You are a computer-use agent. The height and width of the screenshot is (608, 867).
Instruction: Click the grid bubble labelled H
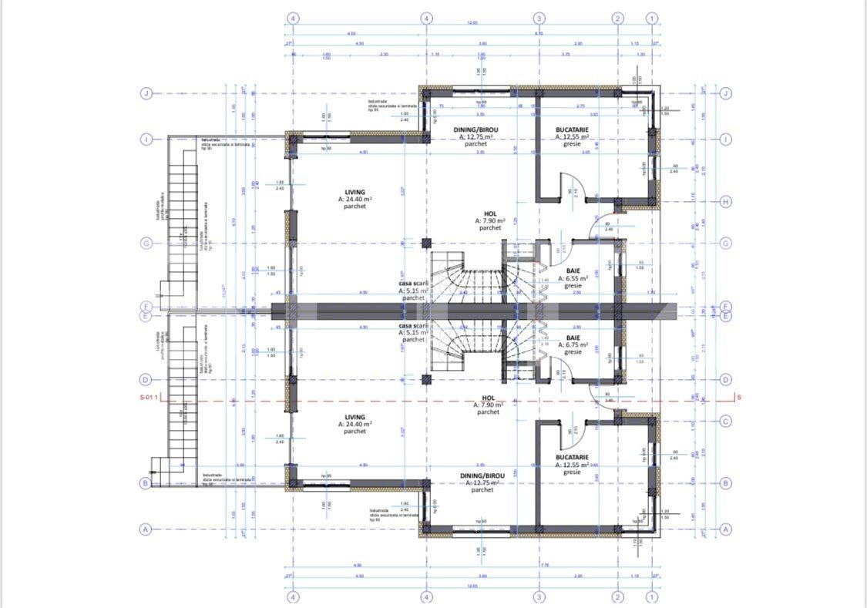point(725,202)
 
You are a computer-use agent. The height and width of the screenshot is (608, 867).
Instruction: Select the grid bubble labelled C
point(725,421)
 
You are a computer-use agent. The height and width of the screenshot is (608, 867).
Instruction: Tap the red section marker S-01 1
point(148,398)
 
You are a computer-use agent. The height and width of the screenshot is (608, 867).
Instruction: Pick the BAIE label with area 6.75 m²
point(573,344)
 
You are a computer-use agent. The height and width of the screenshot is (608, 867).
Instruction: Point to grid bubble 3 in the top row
point(539,18)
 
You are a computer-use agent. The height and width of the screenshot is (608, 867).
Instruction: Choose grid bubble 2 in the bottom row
point(617,596)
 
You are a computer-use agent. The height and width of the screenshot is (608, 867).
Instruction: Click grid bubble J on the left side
point(146,93)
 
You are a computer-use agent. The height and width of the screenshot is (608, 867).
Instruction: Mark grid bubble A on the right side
point(725,529)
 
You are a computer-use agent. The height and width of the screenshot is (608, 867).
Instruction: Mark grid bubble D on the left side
point(146,379)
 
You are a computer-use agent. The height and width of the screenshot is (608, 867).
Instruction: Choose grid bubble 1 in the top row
point(652,18)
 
